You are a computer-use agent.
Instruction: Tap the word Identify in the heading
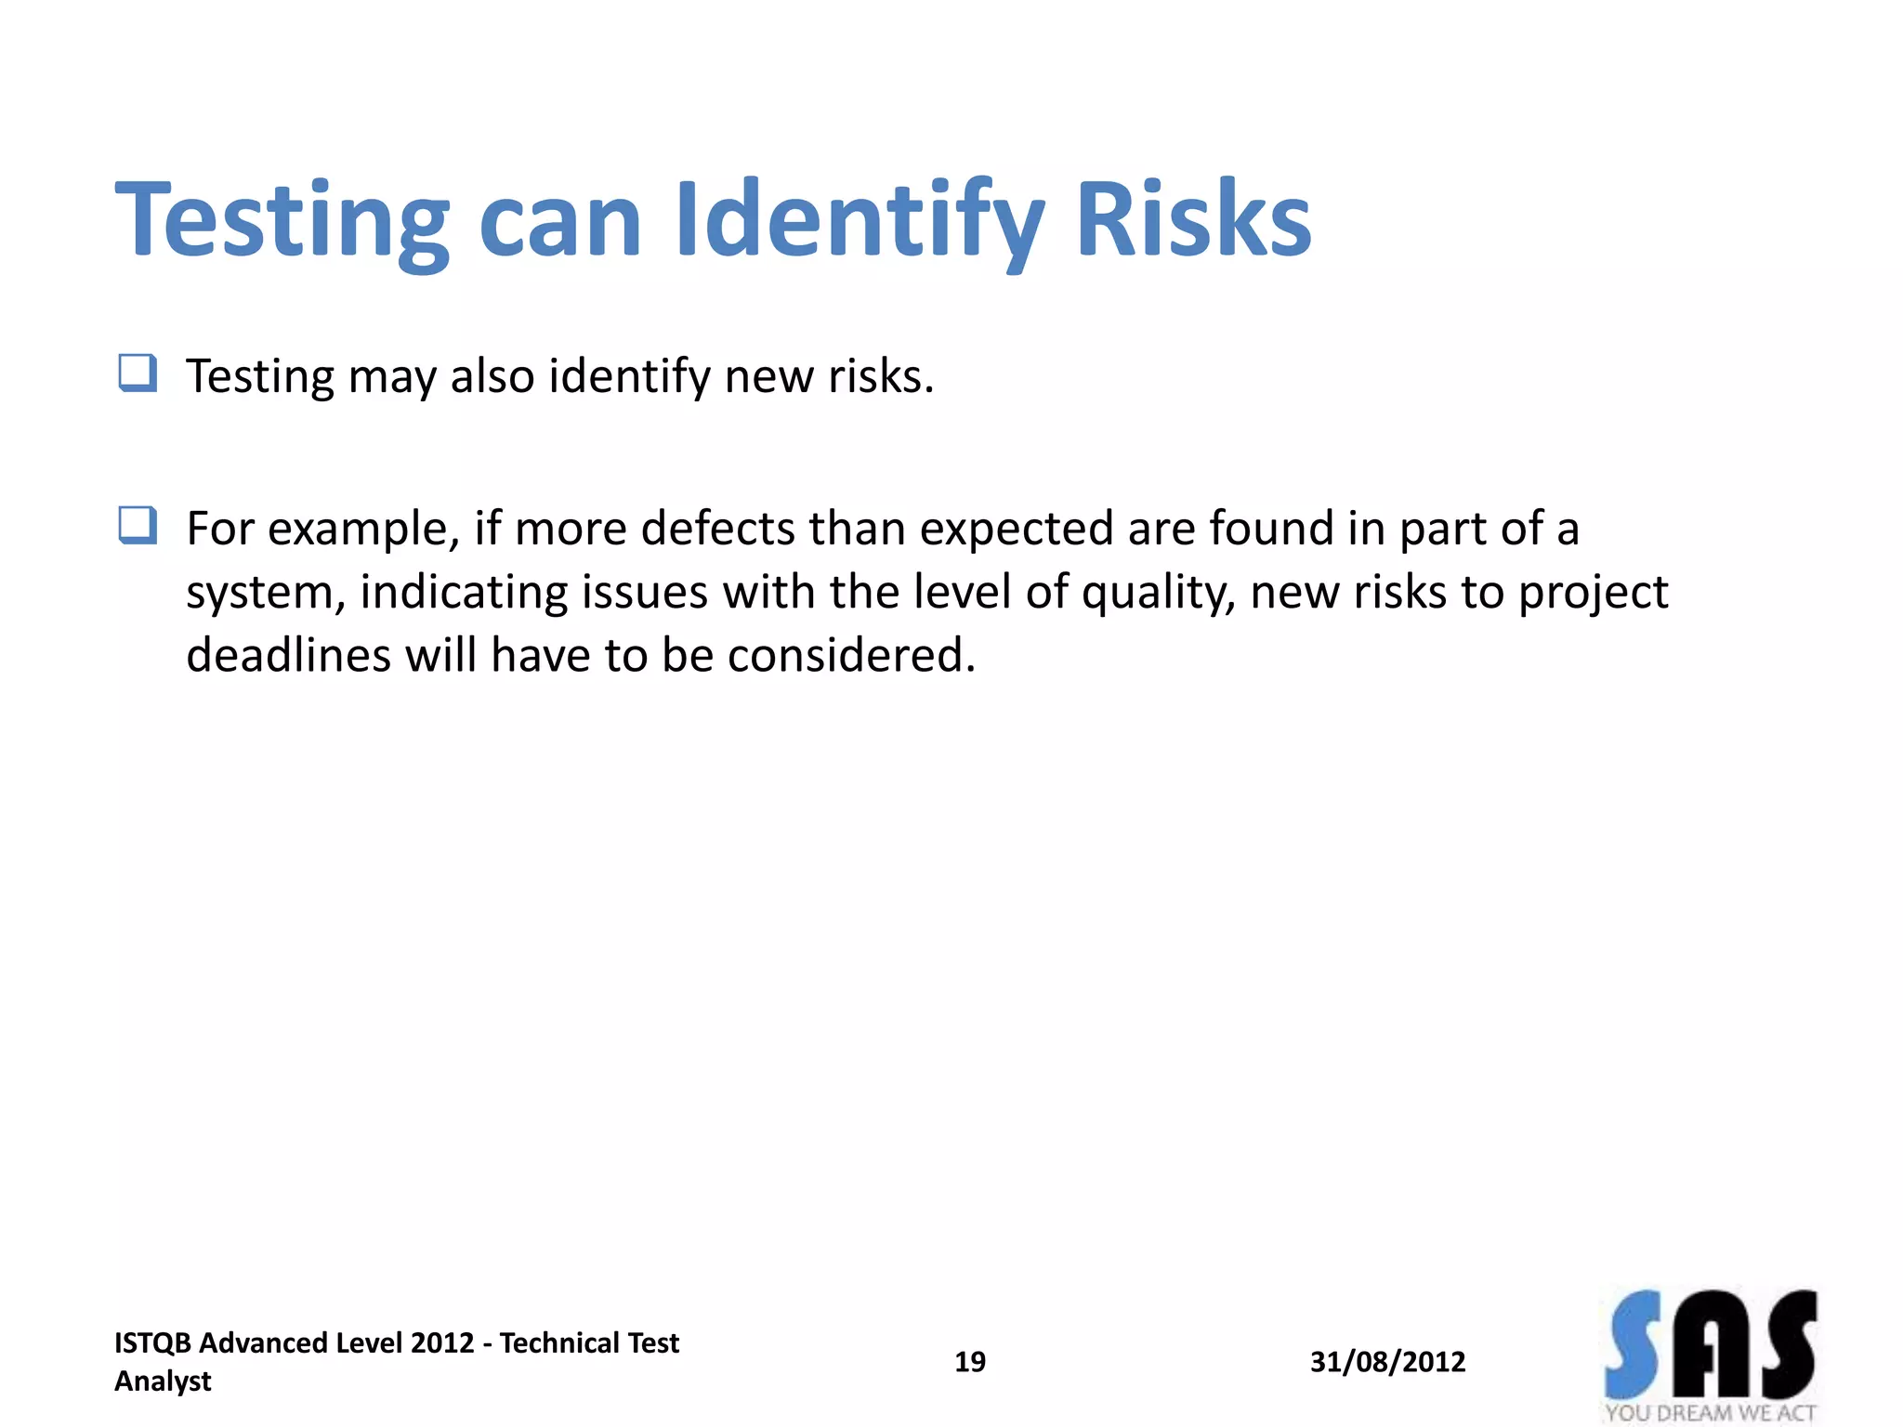point(860,220)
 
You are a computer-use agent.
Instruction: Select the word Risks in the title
point(1193,220)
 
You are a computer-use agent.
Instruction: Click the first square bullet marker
point(138,373)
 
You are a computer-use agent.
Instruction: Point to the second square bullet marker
point(138,525)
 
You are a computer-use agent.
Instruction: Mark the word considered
point(850,655)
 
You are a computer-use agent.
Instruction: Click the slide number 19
point(970,1362)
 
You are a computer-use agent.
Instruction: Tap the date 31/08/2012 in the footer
point(1387,1362)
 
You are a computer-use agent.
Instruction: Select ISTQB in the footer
point(152,1343)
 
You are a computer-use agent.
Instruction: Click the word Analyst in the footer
point(163,1381)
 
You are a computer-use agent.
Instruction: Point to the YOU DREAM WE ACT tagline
point(1710,1413)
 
